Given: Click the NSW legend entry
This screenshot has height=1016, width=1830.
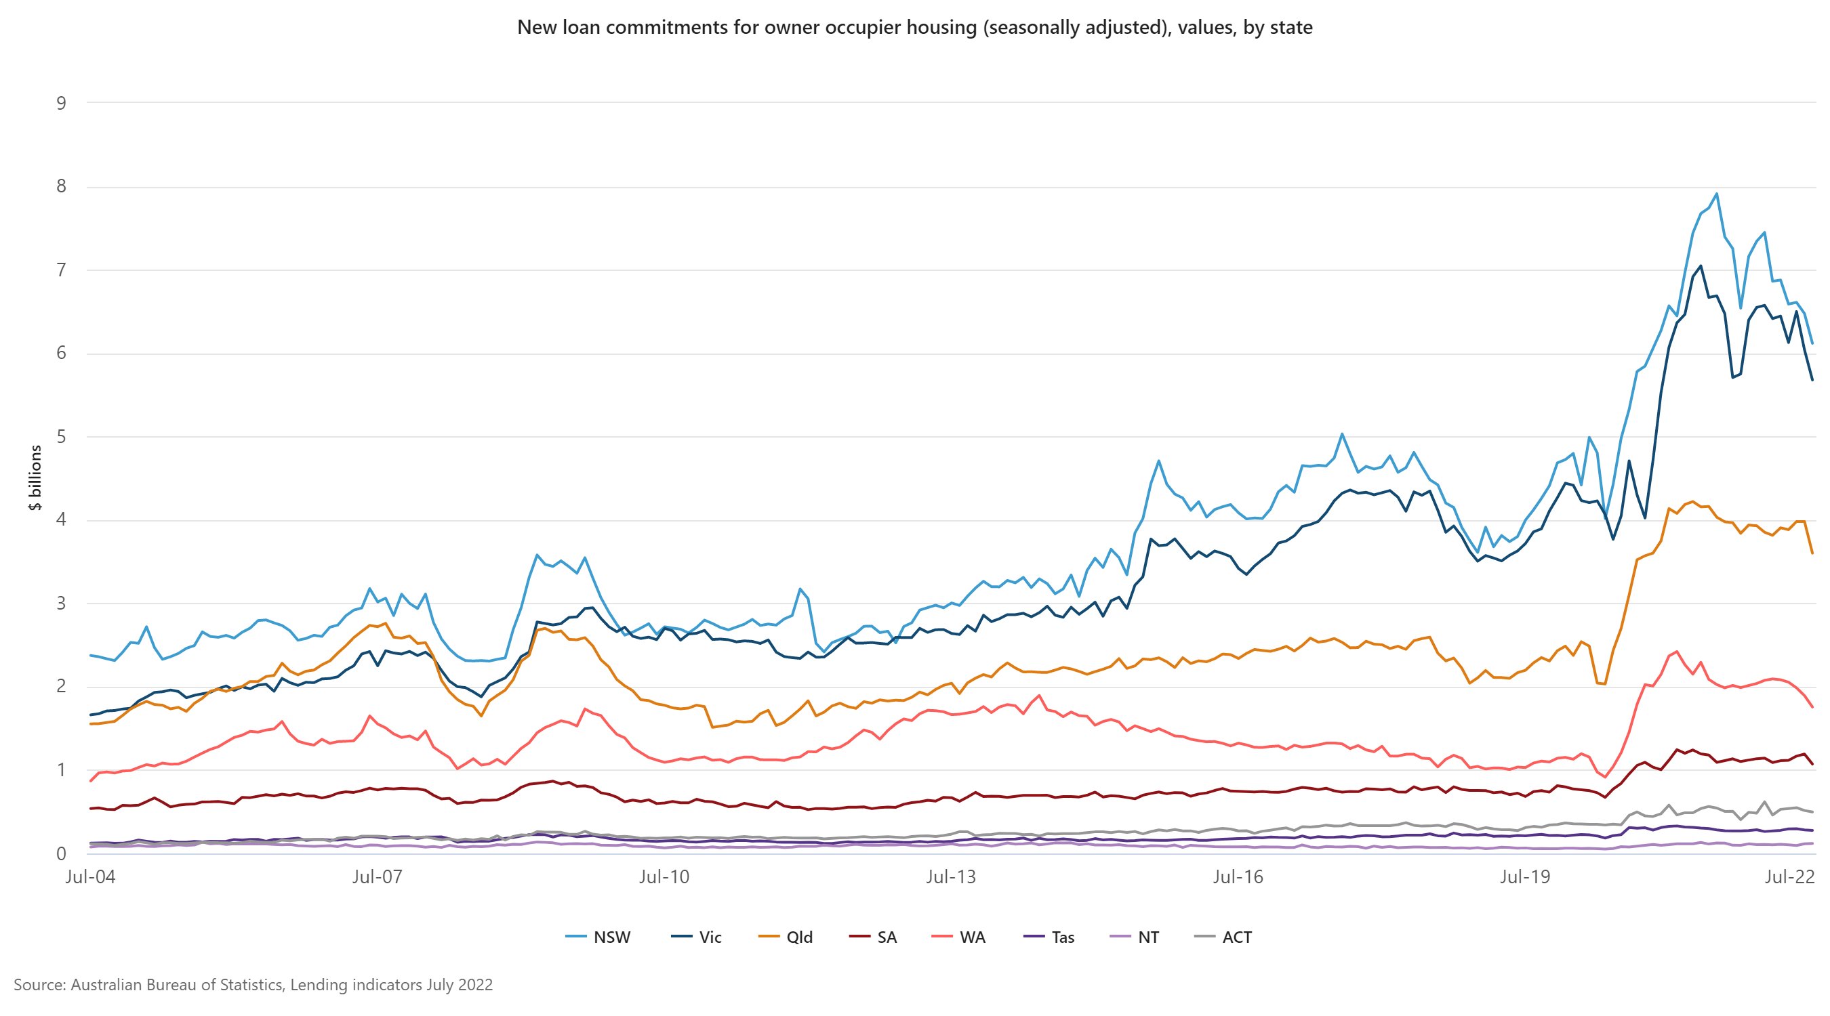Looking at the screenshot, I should pyautogui.click(x=598, y=937).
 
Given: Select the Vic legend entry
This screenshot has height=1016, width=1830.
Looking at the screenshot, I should pyautogui.click(x=697, y=937).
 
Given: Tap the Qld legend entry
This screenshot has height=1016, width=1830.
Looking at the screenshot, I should pyautogui.click(x=786, y=937).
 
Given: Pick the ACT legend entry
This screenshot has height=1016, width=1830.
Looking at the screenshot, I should pyautogui.click(x=1224, y=937).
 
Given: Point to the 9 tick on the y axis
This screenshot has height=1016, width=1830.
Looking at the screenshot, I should pyautogui.click(x=61, y=104).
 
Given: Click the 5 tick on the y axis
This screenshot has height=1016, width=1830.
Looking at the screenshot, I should pyautogui.click(x=61, y=437).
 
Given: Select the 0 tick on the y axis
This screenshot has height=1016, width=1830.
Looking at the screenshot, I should pyautogui.click(x=61, y=853).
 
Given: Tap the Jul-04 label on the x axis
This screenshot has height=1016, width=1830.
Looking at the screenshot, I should pyautogui.click(x=90, y=877).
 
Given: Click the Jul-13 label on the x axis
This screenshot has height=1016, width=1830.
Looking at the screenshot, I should pyautogui.click(x=950, y=877).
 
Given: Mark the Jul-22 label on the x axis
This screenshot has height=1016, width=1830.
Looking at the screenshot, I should pyautogui.click(x=1789, y=877).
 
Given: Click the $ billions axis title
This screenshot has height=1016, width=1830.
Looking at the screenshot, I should pyautogui.click(x=35, y=477).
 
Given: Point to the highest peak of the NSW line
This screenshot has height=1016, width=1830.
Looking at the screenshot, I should pyautogui.click(x=1716, y=193).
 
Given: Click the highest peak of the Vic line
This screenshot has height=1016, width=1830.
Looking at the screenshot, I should pyautogui.click(x=1700, y=266).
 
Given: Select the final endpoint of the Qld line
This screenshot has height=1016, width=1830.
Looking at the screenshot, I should pyautogui.click(x=1812, y=553).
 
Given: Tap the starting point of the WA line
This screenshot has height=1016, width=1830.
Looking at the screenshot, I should pyautogui.click(x=91, y=781).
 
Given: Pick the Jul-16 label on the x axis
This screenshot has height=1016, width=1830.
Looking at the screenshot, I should pyautogui.click(x=1238, y=877).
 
